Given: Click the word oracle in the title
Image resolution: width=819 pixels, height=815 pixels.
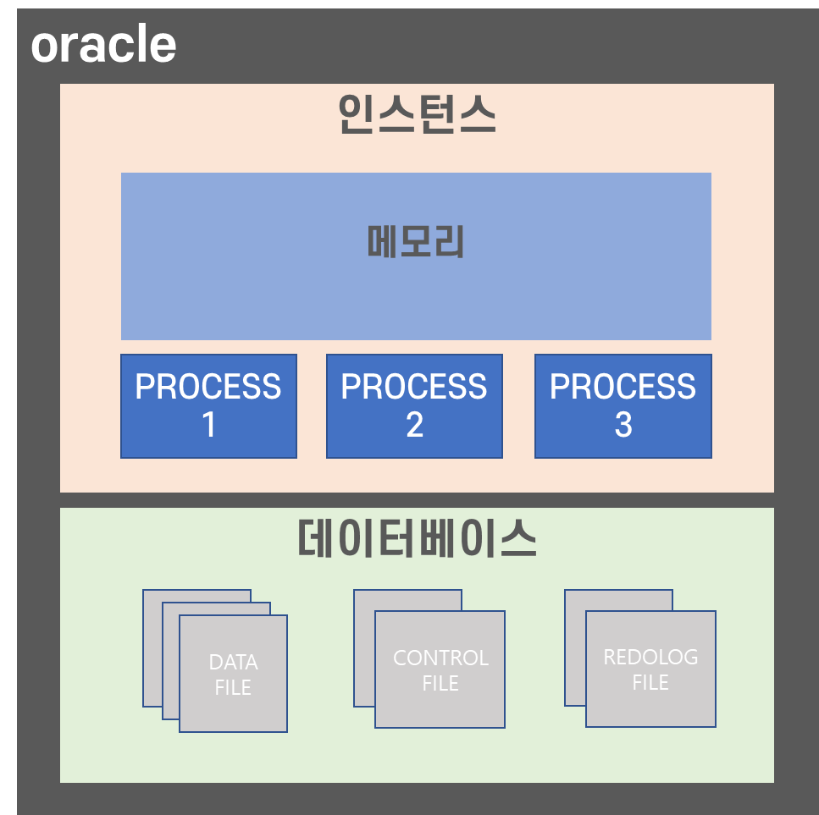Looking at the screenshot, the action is pos(103,45).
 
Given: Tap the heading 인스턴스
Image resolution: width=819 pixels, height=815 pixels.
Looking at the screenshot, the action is pos(416,115).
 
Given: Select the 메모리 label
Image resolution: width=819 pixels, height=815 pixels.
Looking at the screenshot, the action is pos(416,243).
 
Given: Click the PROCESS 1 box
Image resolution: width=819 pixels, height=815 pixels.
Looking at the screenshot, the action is pos(208,406).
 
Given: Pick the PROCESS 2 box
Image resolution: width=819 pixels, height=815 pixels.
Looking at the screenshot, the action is pos(414,406).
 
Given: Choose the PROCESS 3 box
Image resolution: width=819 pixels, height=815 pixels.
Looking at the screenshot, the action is pos(623,406).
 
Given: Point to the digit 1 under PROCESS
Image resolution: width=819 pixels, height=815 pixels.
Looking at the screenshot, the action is pos(208,425).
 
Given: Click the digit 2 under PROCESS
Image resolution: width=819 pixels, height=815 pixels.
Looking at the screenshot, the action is pos(414,425).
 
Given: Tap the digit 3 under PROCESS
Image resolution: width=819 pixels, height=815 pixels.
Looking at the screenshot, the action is pos(623,425).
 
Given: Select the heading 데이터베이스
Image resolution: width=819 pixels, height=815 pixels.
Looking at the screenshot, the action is pos(417,539).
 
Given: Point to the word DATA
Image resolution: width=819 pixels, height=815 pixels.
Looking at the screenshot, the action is pos(234,662).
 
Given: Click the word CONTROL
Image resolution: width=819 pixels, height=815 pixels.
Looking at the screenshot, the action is pos(440,658).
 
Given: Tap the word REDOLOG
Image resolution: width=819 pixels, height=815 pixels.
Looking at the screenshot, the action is pos(650,657).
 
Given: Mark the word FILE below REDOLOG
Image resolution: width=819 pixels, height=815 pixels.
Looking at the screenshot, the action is pos(650,682).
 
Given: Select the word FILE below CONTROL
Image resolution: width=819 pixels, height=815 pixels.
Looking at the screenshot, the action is pos(440,683).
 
